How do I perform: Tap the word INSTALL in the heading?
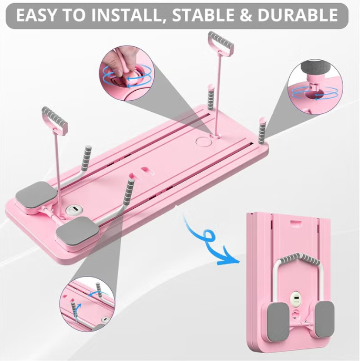click(128, 15)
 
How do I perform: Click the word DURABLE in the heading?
click(298, 15)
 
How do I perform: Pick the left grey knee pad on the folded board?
click(278, 322)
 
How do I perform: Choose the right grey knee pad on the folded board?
click(324, 318)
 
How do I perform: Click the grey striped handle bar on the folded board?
click(299, 258)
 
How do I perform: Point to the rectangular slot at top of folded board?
click(296, 223)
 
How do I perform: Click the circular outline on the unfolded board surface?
click(203, 141)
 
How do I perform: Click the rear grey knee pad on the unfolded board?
click(36, 194)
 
